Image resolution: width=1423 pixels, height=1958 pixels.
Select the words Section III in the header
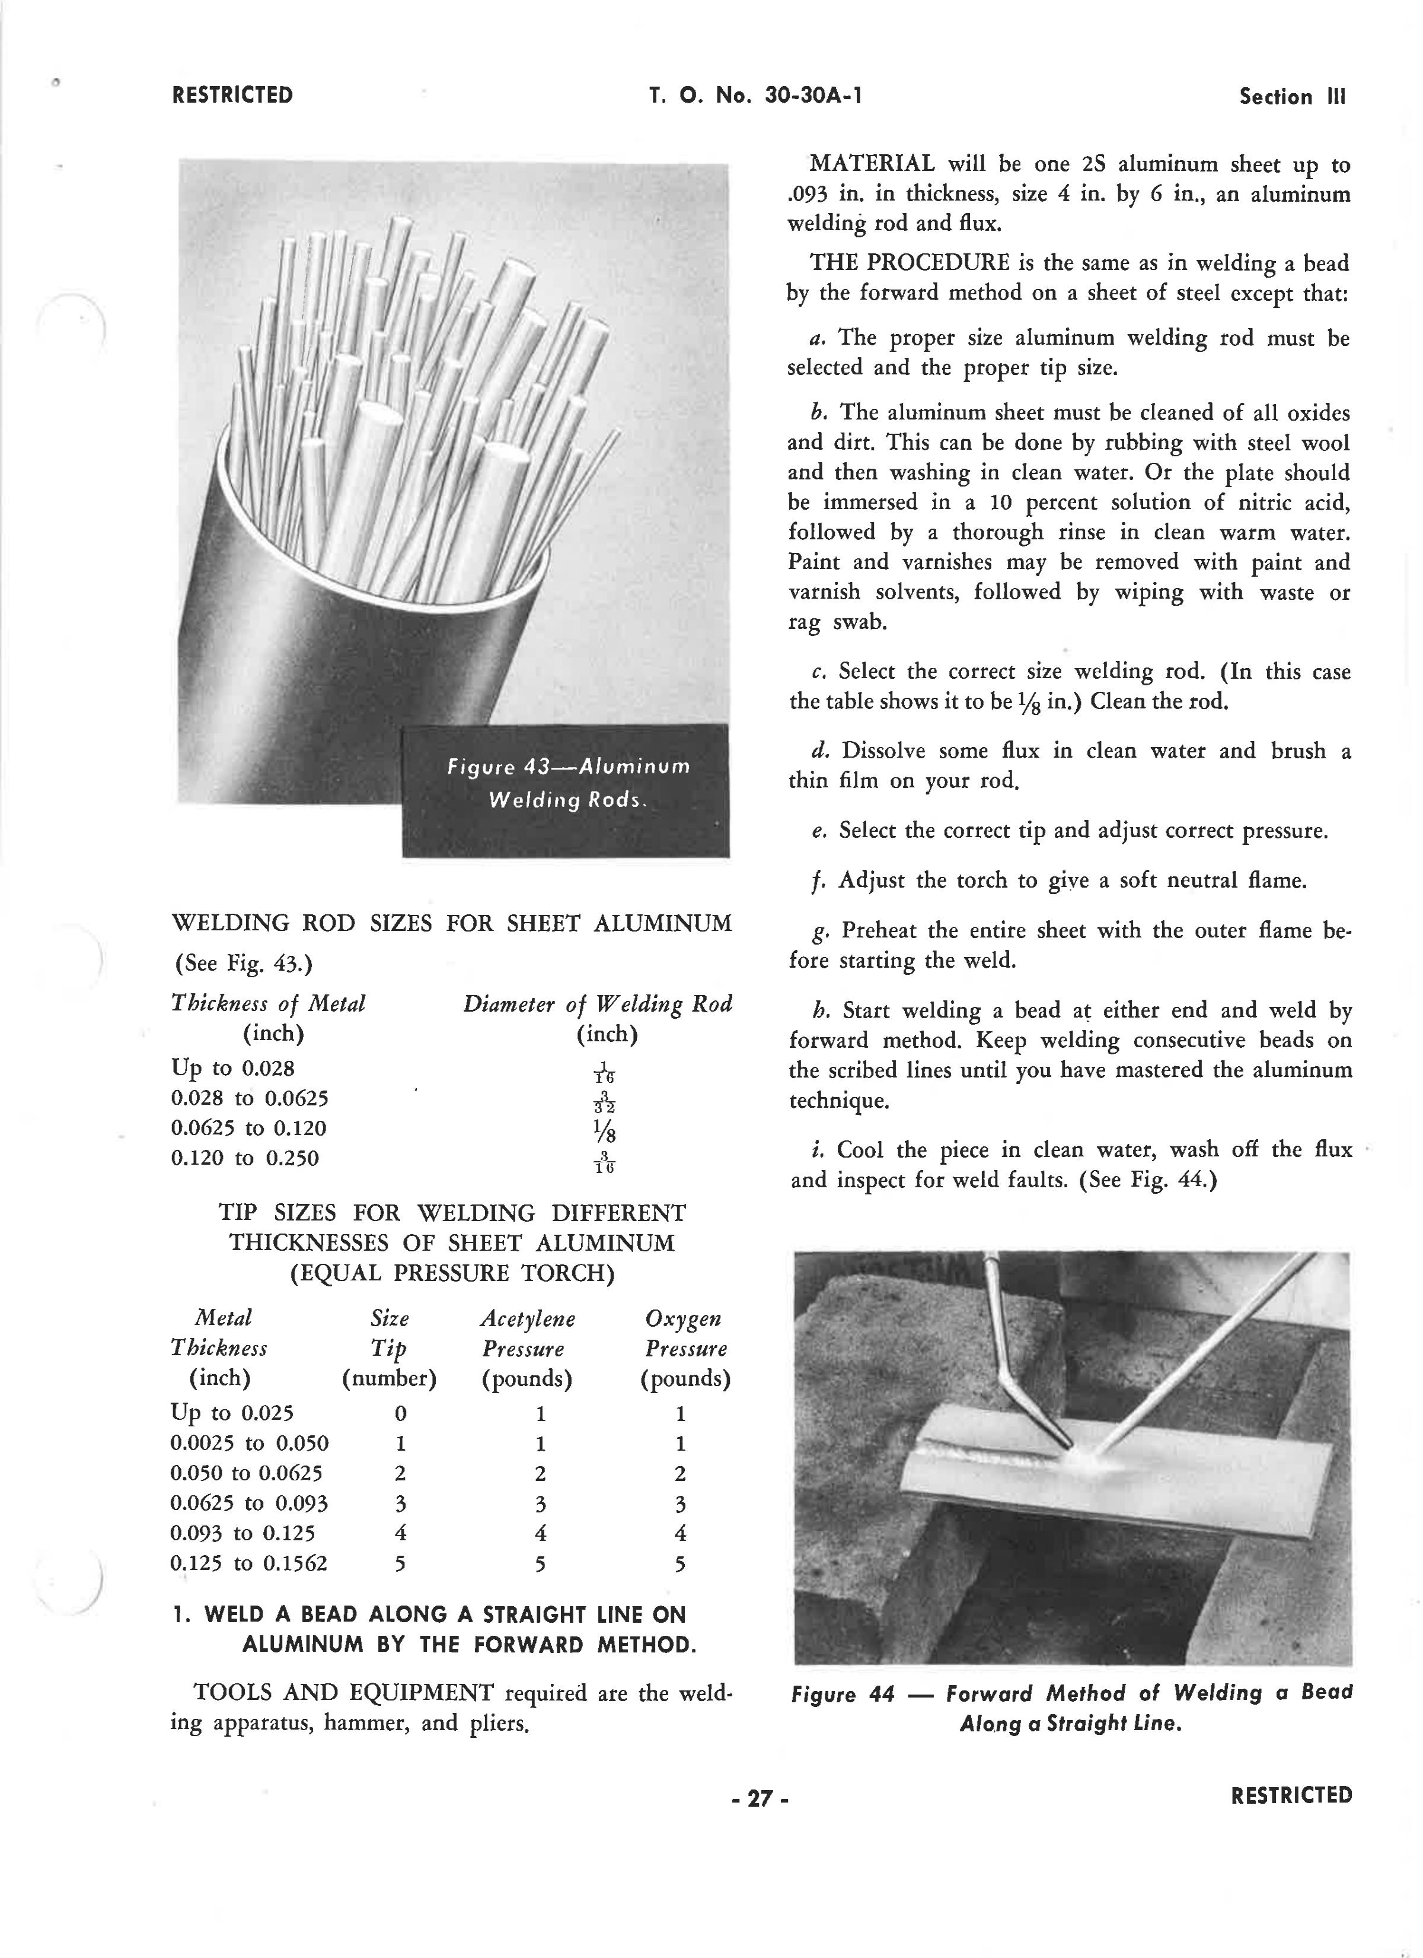point(1292,97)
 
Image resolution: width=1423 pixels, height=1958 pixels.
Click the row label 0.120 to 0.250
point(245,1158)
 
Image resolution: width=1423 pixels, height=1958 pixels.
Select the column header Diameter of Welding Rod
point(597,1004)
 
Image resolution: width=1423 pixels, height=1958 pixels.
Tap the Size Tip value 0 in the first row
point(400,1414)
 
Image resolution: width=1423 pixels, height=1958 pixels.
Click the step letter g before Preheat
point(820,931)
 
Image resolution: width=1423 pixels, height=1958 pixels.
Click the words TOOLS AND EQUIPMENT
point(343,1693)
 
